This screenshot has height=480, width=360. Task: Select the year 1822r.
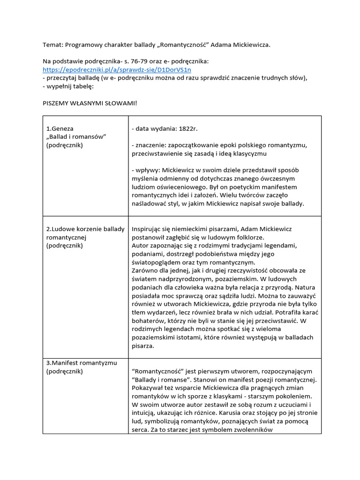pos(192,128)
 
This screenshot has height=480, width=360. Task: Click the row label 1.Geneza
pos(60,128)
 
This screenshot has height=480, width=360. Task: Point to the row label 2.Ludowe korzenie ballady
pos(85,229)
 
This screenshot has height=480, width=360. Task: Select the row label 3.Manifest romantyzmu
pos(82,363)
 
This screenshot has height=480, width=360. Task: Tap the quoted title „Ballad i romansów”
pos(77,136)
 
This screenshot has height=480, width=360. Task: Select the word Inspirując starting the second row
pos(149,229)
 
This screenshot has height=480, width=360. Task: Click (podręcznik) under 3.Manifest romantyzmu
pos(65,371)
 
